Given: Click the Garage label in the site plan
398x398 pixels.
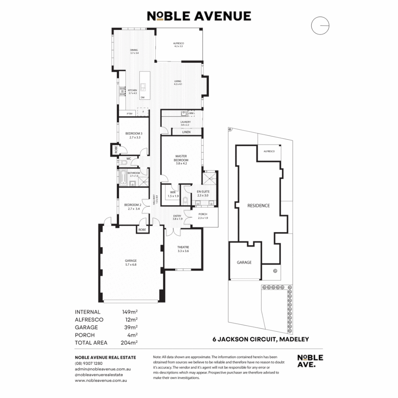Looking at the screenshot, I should tap(244, 262).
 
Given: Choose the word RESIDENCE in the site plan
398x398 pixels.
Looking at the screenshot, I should tap(258, 206).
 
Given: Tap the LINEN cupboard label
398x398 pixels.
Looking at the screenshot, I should tap(186, 132).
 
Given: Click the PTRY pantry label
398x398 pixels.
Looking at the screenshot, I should tap(130, 114).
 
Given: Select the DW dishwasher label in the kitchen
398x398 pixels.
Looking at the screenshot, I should tap(142, 97).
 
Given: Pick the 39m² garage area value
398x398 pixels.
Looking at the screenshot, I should tap(130, 327).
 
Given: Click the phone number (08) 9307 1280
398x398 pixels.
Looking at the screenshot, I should tap(89, 363).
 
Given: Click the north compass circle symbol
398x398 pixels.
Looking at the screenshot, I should tap(320, 25).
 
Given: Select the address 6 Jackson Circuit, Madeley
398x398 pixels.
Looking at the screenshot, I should tap(261, 339).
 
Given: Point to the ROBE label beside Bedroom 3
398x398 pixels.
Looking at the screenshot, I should tap(116, 150).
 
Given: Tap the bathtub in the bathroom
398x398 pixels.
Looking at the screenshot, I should tap(122, 177).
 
